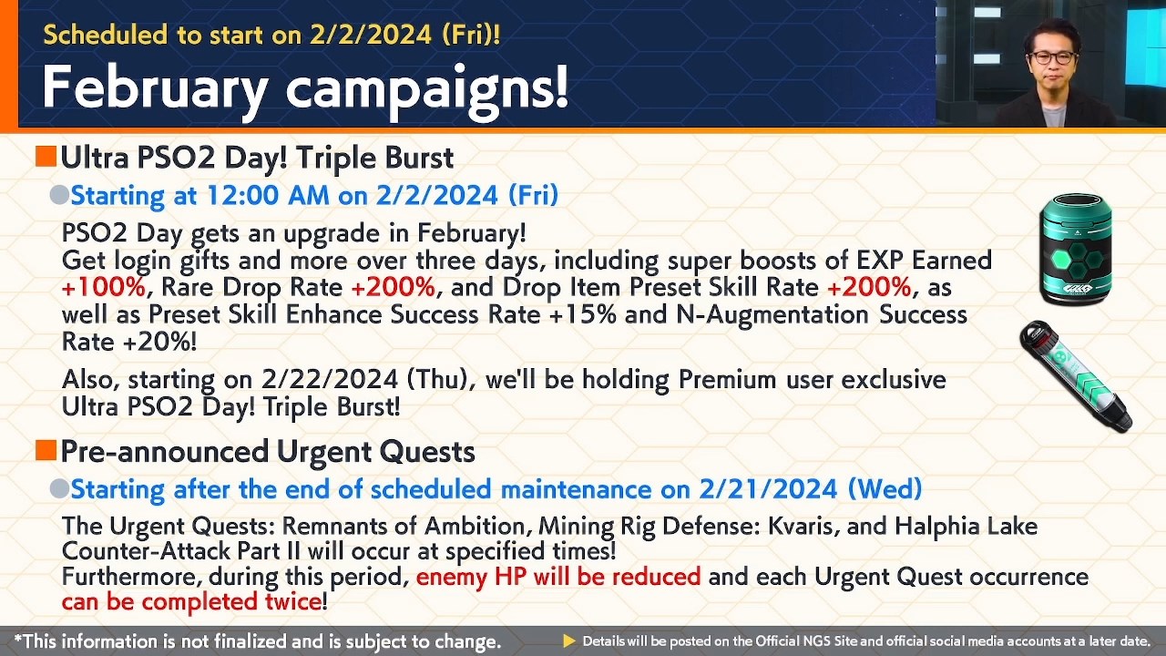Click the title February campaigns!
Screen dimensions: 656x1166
pyautogui.click(x=305, y=87)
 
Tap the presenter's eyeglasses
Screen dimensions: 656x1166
pyautogui.click(x=1053, y=57)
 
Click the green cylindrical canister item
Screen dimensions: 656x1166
pyautogui.click(x=1076, y=249)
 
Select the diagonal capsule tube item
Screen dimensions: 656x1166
pyautogui.click(x=1076, y=375)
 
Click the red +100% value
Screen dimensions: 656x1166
pyautogui.click(x=103, y=288)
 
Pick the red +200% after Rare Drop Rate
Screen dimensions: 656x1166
pyautogui.click(x=393, y=288)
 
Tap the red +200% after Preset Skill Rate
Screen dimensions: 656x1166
pyautogui.click(x=868, y=288)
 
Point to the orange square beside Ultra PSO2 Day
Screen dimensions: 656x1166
pyautogui.click(x=46, y=157)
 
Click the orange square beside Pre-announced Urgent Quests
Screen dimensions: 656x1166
pyautogui.click(x=46, y=450)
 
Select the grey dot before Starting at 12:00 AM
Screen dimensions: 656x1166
pyautogui.click(x=59, y=195)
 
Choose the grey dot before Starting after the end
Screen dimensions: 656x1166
pyautogui.click(x=59, y=489)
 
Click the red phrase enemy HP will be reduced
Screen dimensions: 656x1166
pyautogui.click(x=558, y=577)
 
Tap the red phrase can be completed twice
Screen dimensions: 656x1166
pyautogui.click(x=191, y=601)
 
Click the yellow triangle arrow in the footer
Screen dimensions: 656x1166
pyautogui.click(x=569, y=641)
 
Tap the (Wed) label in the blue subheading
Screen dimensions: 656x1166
pyautogui.click(x=884, y=489)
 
